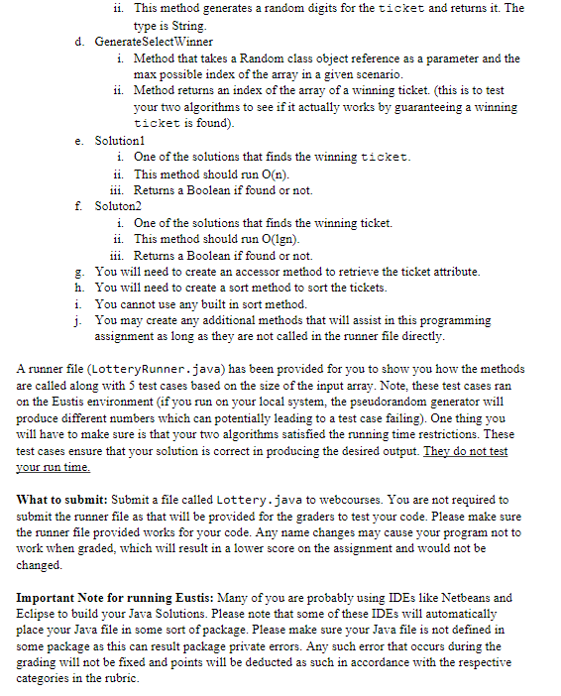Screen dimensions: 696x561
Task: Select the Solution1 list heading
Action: (x=122, y=141)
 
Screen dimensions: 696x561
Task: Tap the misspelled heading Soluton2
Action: (x=121, y=206)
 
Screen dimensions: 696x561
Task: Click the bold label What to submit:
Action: (x=61, y=500)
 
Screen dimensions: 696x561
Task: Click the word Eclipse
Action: (x=37, y=614)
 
